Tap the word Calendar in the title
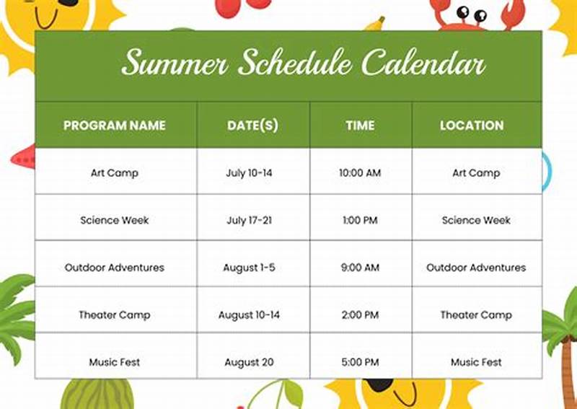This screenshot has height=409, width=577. click(x=423, y=63)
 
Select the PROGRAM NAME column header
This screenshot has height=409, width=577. click(x=114, y=126)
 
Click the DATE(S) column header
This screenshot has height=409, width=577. click(x=252, y=126)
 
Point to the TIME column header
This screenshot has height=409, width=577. click(x=360, y=126)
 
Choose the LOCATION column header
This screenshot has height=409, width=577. click(x=472, y=126)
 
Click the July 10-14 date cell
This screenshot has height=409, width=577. click(x=249, y=173)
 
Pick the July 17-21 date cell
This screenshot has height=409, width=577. click(x=249, y=220)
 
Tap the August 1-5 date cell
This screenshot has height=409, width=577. click(x=249, y=268)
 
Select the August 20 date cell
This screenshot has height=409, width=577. click(x=249, y=362)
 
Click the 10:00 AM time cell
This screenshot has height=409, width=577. click(x=360, y=173)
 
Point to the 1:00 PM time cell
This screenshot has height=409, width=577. click(x=360, y=220)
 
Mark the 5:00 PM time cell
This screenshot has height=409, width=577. click(x=360, y=362)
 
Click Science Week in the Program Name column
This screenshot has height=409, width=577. click(x=115, y=220)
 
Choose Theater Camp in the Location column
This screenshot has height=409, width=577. click(x=476, y=315)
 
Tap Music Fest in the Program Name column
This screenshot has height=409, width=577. click(x=115, y=362)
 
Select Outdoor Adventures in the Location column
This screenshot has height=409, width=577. click(x=476, y=268)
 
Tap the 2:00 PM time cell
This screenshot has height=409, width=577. click(x=360, y=315)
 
